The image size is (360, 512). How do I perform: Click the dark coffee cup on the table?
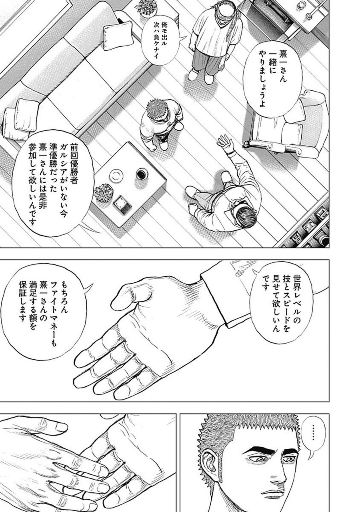pyautogui.click(x=142, y=174)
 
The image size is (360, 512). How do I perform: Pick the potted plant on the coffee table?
pyautogui.click(x=104, y=193)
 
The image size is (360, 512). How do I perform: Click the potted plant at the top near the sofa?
pyautogui.click(x=145, y=7)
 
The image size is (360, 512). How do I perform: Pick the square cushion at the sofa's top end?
pyautogui.click(x=118, y=36)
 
